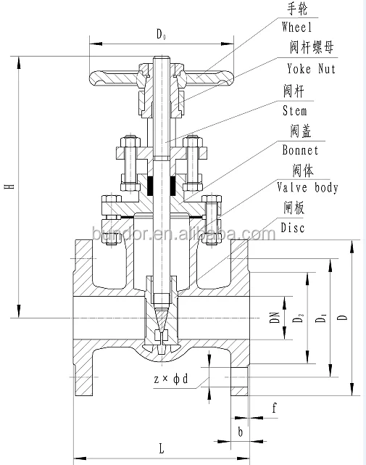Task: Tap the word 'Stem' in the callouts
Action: click(x=294, y=111)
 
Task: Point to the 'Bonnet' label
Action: click(x=300, y=151)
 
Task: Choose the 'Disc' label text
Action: click(x=293, y=228)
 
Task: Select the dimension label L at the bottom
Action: click(x=160, y=448)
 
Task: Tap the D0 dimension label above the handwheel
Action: click(x=163, y=33)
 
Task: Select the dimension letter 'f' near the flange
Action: click(x=275, y=408)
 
